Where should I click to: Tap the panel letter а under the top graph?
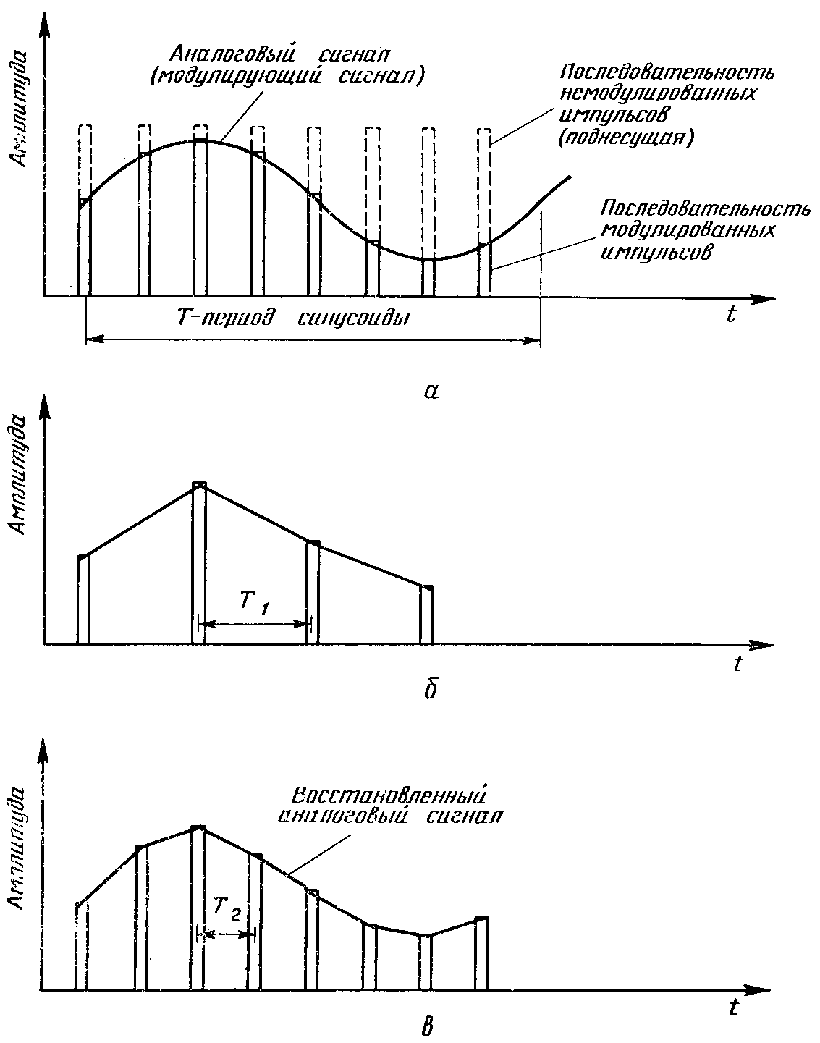click(x=431, y=392)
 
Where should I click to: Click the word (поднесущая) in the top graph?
click(x=625, y=138)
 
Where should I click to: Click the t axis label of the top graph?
click(x=732, y=315)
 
